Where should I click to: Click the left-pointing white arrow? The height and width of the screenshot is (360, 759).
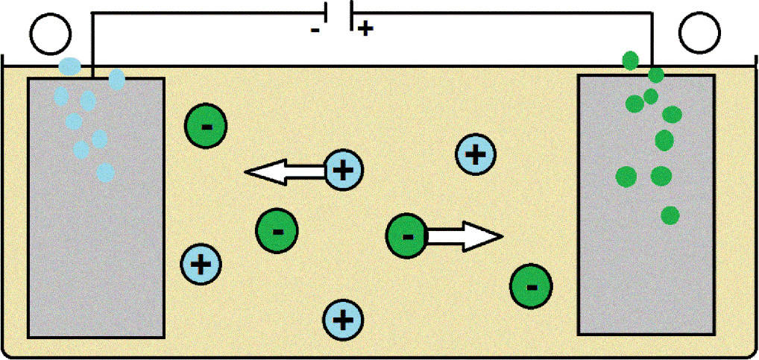[x=285, y=171]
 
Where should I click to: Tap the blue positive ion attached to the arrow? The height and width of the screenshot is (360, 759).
[x=343, y=170]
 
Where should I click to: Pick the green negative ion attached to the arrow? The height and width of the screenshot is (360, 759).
[x=406, y=236]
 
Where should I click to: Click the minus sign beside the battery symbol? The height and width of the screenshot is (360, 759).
[x=315, y=30]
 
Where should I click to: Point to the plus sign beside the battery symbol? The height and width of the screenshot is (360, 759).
[x=366, y=30]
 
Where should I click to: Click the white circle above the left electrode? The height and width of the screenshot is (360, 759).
[x=51, y=34]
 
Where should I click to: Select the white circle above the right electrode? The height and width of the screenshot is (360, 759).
[x=699, y=33]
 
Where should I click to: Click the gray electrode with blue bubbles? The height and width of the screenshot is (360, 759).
[x=96, y=207]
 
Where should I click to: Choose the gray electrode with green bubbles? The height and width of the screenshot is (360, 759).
[x=646, y=204]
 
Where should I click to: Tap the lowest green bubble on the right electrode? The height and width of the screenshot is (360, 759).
[x=670, y=215]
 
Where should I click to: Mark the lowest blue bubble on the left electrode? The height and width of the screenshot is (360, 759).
[x=106, y=172]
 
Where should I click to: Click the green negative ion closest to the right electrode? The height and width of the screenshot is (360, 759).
[x=531, y=286]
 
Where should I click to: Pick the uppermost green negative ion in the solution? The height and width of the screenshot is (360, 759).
[x=206, y=126]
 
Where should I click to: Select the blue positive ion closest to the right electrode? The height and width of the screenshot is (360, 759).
[x=476, y=154]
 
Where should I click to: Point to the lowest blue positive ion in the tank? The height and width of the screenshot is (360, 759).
[x=343, y=320]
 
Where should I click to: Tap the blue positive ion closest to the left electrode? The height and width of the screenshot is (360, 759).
[x=201, y=265]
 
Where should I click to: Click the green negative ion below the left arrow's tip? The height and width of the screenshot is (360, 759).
[x=277, y=232]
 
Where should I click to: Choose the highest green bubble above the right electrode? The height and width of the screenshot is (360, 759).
[x=630, y=61]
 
